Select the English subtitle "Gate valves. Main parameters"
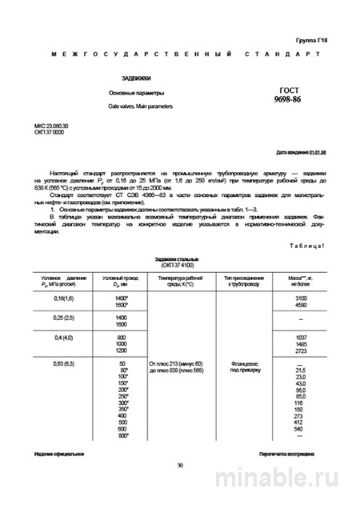pos(139,106)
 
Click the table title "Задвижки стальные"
pos(180,261)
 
